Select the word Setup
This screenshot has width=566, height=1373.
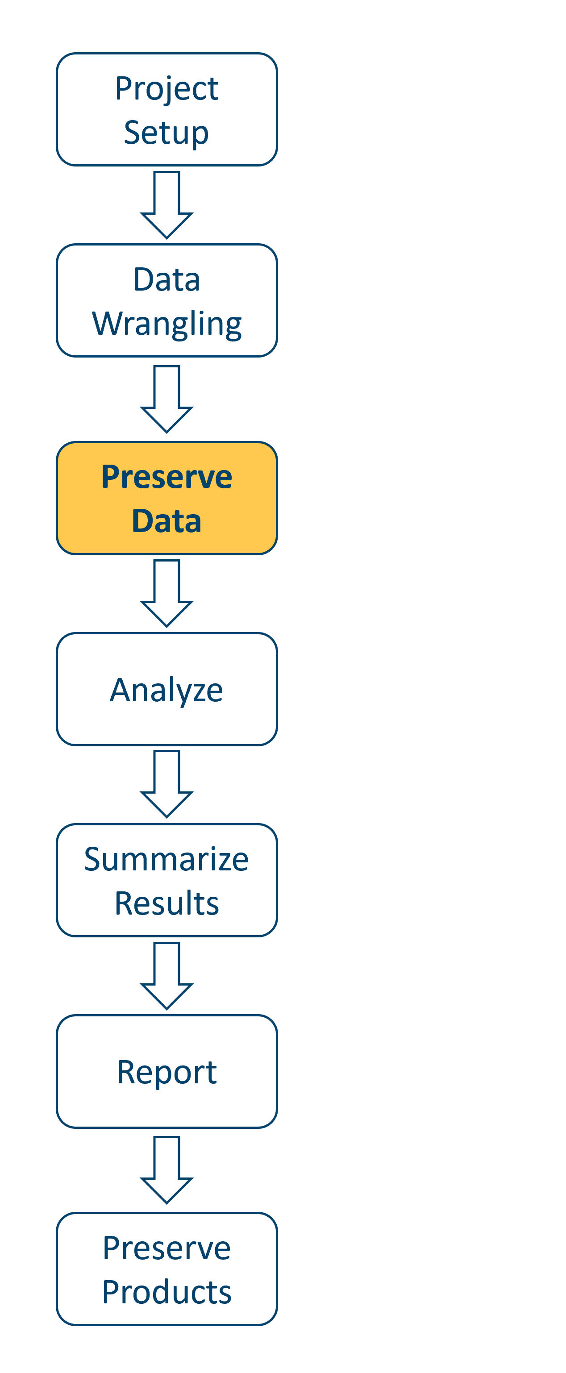pos(166,133)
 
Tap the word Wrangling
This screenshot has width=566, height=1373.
pos(166,324)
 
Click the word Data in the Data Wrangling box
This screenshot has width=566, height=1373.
pos(166,280)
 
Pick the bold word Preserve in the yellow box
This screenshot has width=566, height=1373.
pos(166,477)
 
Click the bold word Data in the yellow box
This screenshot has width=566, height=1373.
pos(166,521)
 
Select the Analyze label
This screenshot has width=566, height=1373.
pos(166,690)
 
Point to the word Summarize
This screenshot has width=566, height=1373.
pos(166,859)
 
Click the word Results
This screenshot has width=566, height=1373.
pos(166,903)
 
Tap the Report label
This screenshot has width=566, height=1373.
pos(166,1073)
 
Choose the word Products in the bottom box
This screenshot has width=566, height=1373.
pos(166,1293)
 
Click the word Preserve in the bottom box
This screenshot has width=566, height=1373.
pos(166,1248)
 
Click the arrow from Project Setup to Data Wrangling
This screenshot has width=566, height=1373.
pos(166,205)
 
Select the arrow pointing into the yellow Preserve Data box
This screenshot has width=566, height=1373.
pos(166,400)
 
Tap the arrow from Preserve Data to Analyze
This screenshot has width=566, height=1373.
pos(166,594)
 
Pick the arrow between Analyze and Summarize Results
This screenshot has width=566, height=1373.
pos(166,785)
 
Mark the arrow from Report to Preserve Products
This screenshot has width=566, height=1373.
pos(166,1170)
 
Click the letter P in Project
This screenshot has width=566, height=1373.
pos(124,88)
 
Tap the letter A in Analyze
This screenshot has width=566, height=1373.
pos(121,690)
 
